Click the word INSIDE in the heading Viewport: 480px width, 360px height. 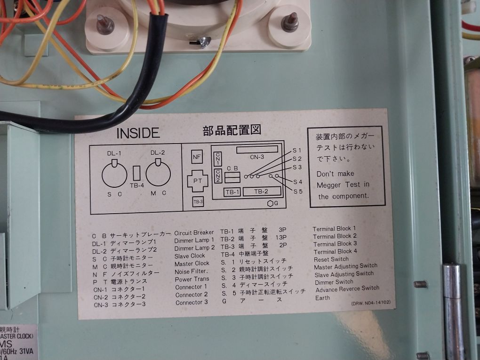coord(138,133)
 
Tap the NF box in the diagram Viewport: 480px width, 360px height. coord(197,157)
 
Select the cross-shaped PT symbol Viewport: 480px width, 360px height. coord(198,181)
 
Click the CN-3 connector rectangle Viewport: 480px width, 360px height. coord(257,149)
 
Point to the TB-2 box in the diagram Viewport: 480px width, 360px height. coord(261,192)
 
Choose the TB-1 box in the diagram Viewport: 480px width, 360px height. coord(232,192)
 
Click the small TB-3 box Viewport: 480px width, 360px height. coord(198,202)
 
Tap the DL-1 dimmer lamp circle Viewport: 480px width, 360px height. coord(114,174)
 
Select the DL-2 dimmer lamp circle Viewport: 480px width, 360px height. coord(158,173)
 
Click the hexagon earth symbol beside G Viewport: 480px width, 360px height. coord(270,203)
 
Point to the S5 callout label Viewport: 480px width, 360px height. coord(298,192)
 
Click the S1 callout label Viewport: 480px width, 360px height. coord(297,150)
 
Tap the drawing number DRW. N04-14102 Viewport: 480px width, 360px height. coord(371,303)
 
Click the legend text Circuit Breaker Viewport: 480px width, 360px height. coord(194,232)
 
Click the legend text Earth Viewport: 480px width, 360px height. coord(323,298)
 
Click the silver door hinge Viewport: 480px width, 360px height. coord(452,311)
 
